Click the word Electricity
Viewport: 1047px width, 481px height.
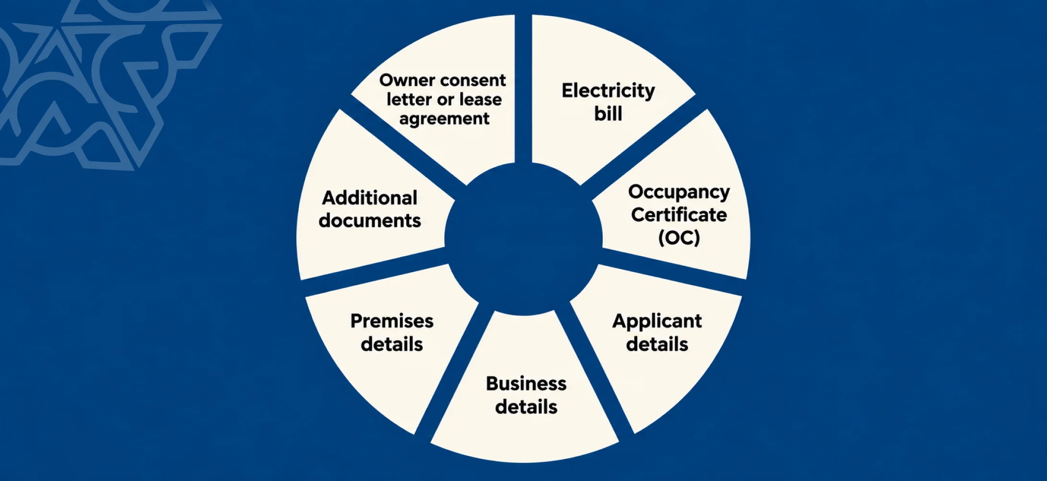tap(608, 91)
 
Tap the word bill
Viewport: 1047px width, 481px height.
tap(608, 114)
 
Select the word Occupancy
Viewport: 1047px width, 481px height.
tap(679, 192)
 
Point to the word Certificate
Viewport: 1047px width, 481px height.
tap(679, 215)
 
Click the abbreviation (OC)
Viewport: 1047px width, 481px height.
tap(679, 238)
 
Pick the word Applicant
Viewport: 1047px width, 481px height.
tap(657, 321)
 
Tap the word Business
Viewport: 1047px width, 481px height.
tap(526, 384)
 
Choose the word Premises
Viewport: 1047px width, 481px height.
tap(392, 321)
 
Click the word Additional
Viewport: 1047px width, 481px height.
tap(369, 198)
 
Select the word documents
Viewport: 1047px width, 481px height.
tap(369, 221)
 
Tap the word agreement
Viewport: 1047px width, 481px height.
tap(444, 119)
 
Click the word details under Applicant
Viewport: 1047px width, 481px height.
tap(657, 344)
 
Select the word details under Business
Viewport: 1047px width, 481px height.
tap(526, 407)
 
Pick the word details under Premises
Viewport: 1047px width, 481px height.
tap(392, 344)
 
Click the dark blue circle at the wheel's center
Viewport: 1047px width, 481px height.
tap(523, 239)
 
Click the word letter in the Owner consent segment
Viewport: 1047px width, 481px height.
tap(409, 99)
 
